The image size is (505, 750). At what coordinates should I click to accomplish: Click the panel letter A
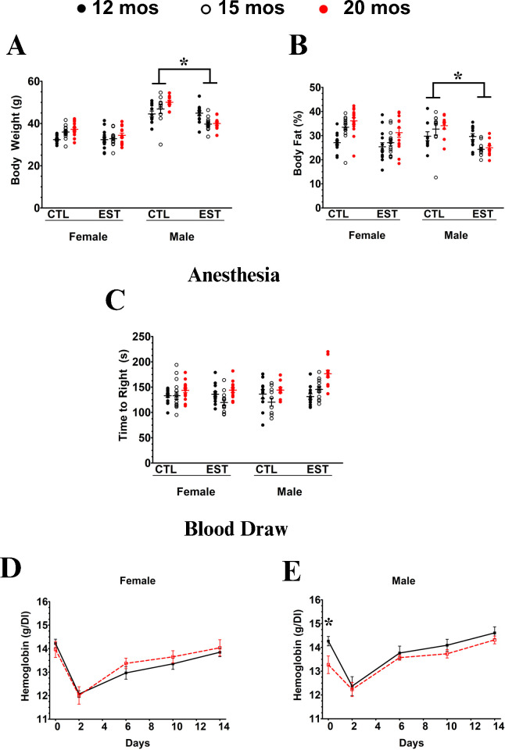pos(16,47)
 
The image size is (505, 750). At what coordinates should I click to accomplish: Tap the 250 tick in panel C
pos(161,337)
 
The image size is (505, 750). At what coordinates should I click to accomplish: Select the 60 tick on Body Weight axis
pos(34,81)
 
